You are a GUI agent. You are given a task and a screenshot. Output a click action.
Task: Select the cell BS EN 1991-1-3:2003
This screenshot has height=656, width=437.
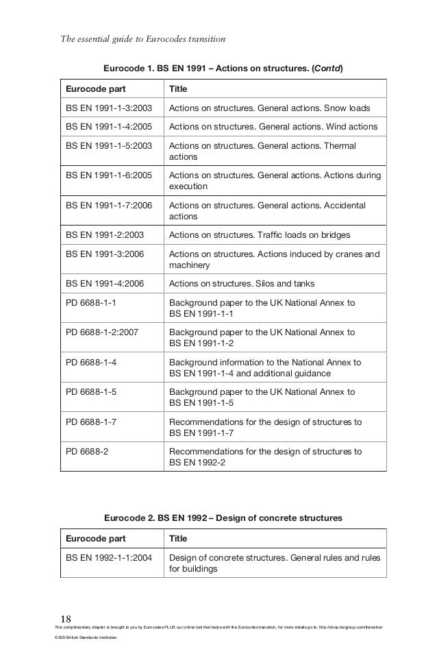click(109, 108)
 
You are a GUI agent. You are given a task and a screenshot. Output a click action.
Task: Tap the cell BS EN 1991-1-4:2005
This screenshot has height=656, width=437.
click(109, 127)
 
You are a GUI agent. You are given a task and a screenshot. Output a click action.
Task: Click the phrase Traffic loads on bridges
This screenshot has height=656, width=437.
click(297, 235)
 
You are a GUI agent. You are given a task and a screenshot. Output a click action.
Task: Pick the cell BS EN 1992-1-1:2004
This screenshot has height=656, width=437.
click(109, 557)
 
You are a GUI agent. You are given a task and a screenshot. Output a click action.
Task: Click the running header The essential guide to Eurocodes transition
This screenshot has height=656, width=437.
click(143, 38)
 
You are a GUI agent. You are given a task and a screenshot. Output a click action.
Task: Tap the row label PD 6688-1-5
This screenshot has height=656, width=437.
click(90, 392)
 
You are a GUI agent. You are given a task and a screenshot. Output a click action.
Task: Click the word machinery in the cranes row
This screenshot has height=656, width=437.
click(189, 265)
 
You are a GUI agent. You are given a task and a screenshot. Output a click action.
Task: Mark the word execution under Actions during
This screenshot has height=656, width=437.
click(188, 186)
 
